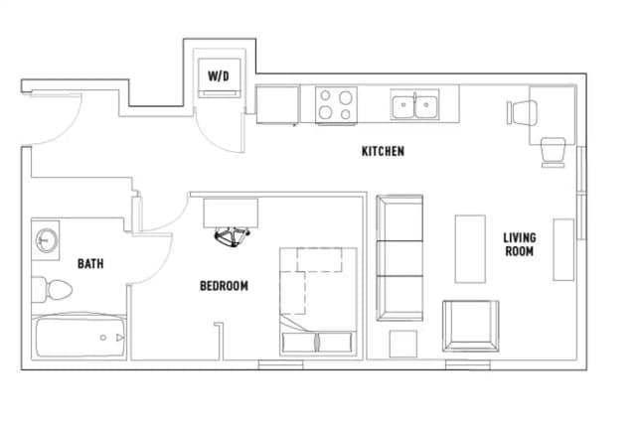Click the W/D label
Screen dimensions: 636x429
click(219, 75)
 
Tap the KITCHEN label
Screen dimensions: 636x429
click(383, 151)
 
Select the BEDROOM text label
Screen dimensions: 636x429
click(224, 286)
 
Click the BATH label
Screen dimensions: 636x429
click(90, 264)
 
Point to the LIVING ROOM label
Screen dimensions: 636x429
click(520, 244)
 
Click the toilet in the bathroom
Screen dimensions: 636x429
click(52, 290)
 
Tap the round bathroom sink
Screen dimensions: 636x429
click(47, 240)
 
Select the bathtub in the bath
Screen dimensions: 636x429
click(79, 337)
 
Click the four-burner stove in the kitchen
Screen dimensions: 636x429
click(336, 105)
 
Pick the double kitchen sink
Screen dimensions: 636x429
click(414, 104)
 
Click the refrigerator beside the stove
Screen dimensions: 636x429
click(278, 104)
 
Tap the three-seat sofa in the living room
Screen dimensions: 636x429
click(399, 258)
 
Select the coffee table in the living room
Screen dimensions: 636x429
click(470, 248)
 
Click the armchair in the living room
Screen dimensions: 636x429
click(471, 326)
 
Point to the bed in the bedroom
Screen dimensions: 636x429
click(318, 302)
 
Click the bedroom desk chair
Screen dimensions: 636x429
click(232, 236)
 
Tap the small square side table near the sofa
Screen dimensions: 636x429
click(403, 344)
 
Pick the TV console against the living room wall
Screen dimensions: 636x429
click(563, 249)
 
